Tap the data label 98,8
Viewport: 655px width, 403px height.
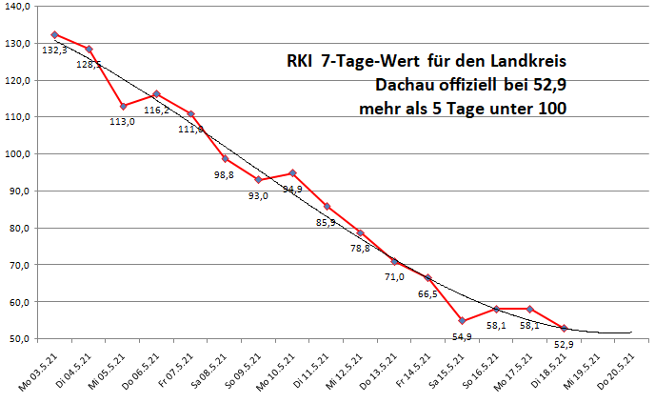pyautogui.click(x=223, y=174)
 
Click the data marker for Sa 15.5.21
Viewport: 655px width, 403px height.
pyautogui.click(x=463, y=320)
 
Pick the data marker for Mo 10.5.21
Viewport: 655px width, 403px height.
pyautogui.click(x=292, y=173)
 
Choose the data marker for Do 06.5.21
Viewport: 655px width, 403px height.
pyautogui.click(x=156, y=94)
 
